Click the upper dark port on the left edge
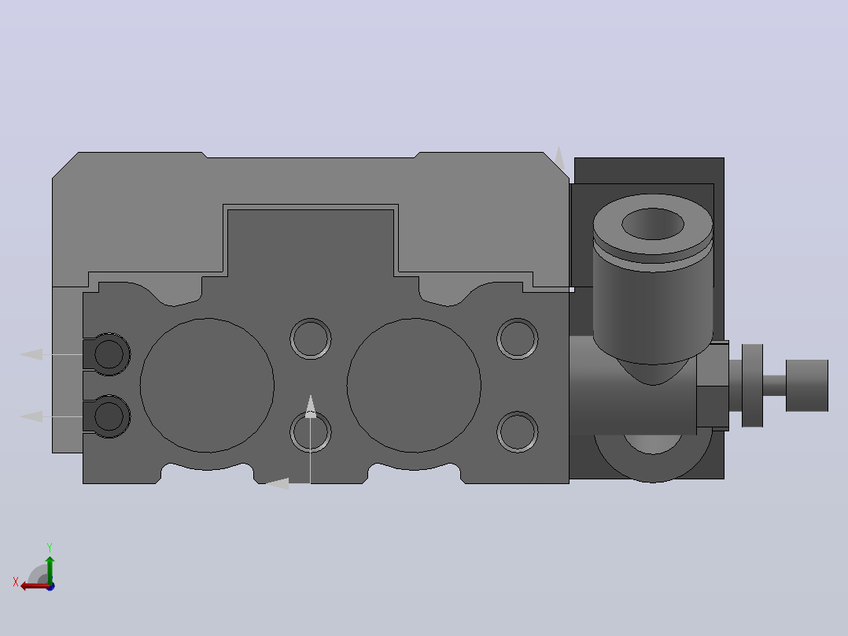(x=109, y=354)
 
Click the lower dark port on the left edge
(x=109, y=416)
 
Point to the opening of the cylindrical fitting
(x=653, y=224)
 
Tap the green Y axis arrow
(x=50, y=570)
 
